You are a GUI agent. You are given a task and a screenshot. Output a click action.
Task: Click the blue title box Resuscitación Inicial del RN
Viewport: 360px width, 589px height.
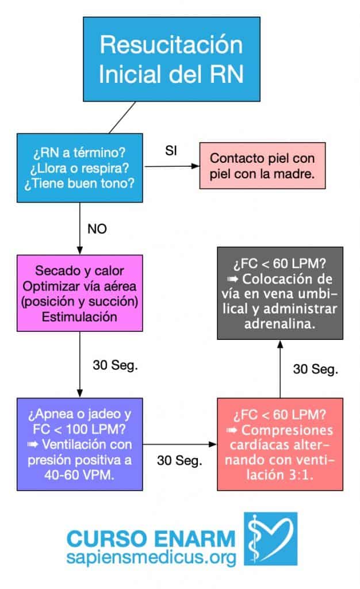click(171, 59)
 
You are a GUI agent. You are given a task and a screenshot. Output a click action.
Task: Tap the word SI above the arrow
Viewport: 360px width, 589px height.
click(171, 151)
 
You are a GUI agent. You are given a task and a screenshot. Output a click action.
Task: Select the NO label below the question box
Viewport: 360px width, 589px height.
click(97, 229)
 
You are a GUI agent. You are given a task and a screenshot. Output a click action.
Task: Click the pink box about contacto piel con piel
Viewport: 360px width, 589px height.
click(262, 166)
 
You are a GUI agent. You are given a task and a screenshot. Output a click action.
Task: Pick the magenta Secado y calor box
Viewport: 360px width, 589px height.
click(79, 293)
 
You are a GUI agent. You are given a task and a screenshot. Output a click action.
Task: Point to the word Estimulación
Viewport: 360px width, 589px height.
click(79, 317)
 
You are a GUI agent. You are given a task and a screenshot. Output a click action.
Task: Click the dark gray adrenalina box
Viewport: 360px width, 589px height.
click(280, 293)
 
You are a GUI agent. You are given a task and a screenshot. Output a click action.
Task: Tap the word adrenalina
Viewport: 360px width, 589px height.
click(279, 324)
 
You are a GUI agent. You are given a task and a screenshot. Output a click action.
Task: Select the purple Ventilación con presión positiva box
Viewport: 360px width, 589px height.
click(79, 445)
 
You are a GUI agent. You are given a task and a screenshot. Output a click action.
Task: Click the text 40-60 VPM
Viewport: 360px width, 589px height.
click(79, 475)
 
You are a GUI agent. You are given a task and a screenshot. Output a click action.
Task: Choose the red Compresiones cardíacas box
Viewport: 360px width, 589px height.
click(280, 445)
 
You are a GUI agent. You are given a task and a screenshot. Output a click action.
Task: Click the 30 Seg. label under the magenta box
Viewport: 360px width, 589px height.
click(115, 365)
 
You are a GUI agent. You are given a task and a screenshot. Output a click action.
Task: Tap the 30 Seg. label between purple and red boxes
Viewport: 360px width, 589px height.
click(179, 461)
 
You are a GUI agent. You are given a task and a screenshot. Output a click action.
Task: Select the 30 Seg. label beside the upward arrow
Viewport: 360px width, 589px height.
click(315, 369)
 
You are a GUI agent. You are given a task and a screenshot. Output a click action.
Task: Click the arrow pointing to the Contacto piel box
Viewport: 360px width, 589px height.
click(172, 166)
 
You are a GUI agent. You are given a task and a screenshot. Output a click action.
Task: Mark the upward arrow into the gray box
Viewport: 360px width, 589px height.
click(280, 369)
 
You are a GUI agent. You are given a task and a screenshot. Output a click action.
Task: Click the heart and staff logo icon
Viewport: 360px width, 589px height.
click(271, 538)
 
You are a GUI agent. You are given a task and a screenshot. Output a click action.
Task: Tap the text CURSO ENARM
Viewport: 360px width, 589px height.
click(151, 539)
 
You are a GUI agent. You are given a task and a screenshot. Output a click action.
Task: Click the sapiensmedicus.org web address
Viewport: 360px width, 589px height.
click(151, 557)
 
